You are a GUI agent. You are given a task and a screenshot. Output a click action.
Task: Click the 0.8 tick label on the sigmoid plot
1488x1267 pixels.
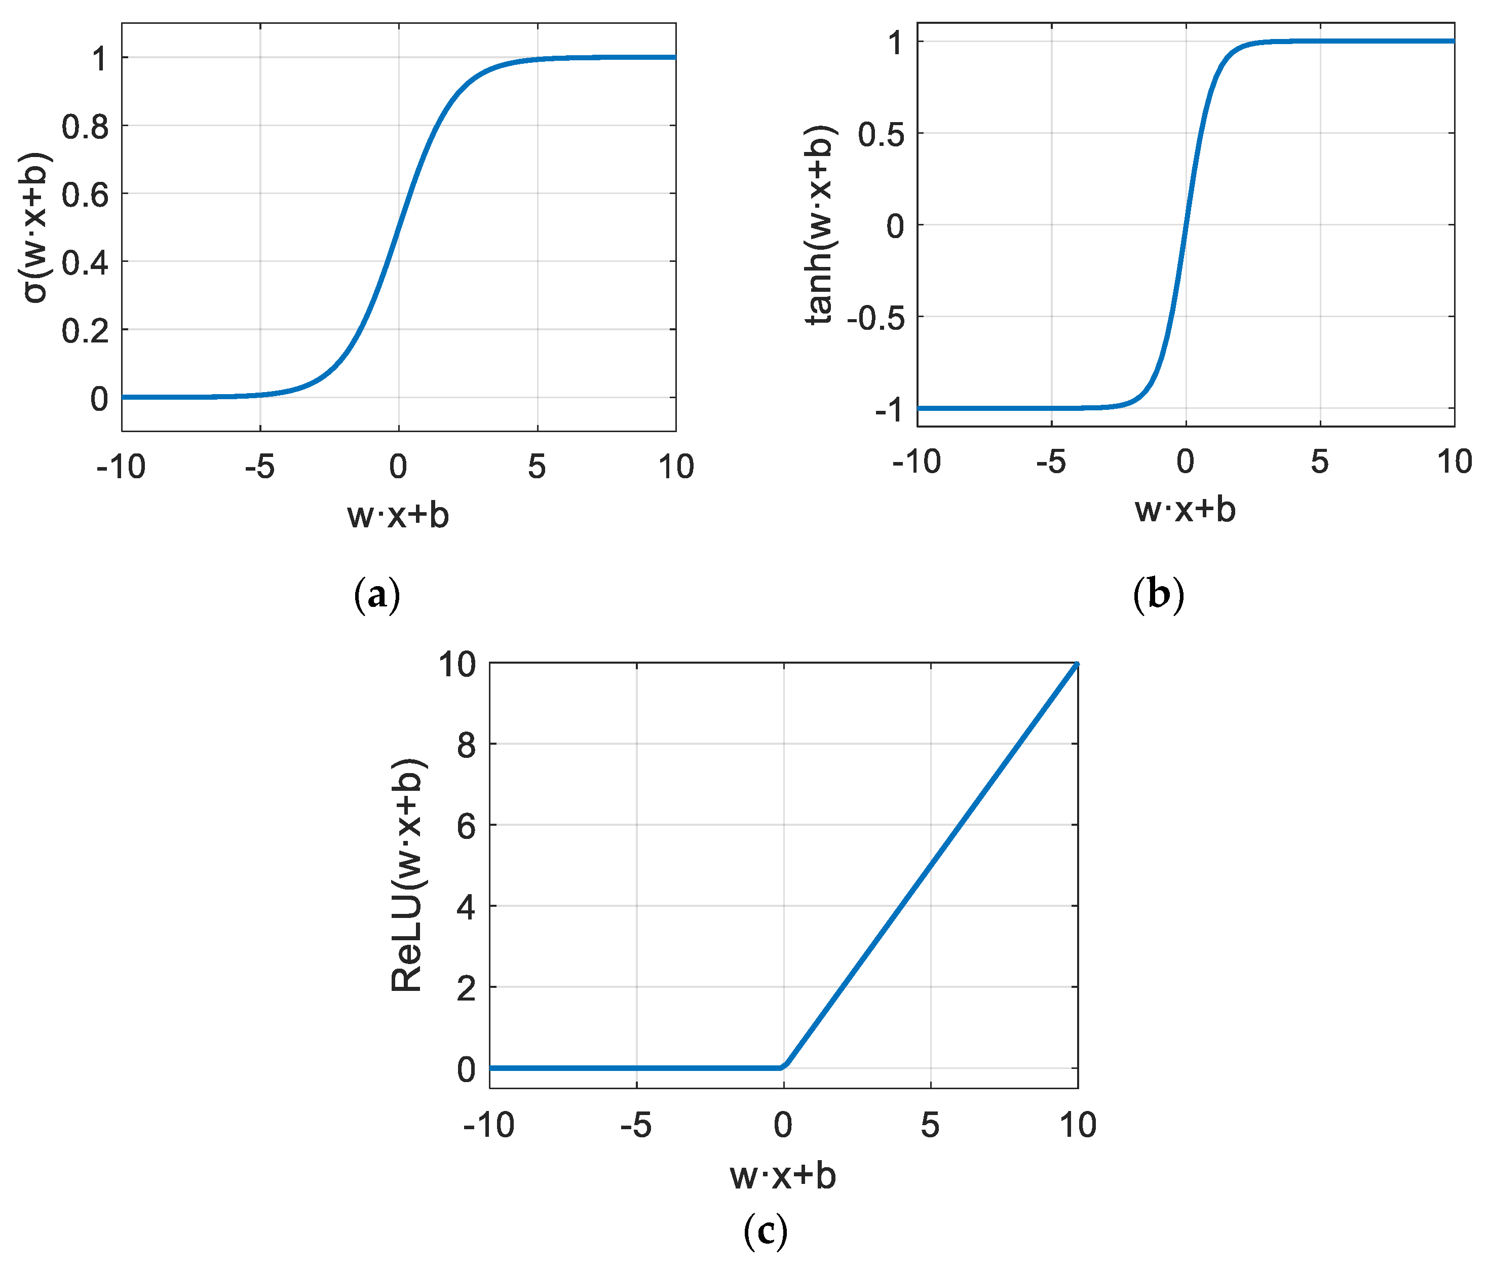point(85,127)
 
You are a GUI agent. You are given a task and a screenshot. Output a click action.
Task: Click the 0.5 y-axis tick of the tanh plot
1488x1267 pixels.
point(881,134)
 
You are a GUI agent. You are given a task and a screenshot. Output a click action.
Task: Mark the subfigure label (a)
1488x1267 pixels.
point(377,595)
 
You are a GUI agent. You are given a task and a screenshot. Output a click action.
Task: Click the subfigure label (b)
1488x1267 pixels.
point(1158,595)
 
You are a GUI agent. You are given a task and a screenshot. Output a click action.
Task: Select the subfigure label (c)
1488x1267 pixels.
point(765,1231)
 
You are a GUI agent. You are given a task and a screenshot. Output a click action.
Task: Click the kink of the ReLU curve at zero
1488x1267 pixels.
point(783,1067)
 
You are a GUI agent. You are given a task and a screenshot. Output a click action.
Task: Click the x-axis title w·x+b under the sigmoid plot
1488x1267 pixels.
point(398,515)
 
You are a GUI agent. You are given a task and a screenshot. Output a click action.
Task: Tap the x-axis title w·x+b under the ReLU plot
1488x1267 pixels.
point(783,1176)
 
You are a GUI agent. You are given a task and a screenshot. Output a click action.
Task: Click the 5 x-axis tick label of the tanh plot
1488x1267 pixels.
point(1319,462)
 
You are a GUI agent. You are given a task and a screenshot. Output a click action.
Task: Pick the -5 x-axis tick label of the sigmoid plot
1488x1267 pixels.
point(259,468)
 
